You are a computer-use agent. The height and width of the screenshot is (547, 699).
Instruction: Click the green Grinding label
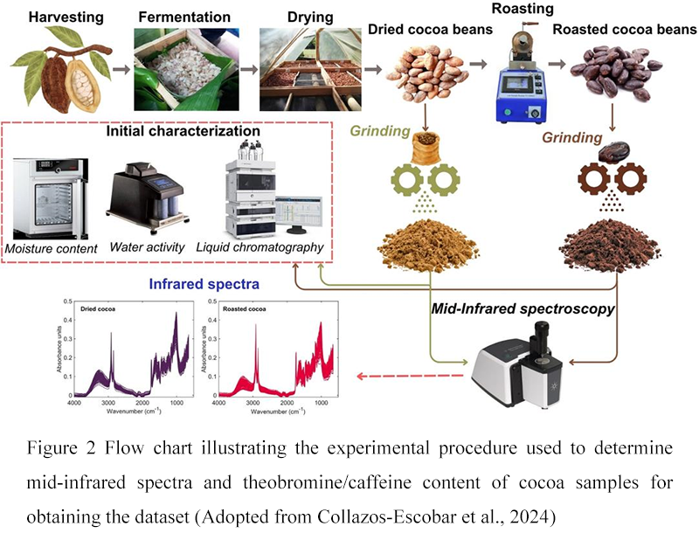pyautogui.click(x=380, y=132)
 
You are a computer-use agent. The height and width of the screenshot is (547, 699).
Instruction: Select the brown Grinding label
pyautogui.click(x=572, y=137)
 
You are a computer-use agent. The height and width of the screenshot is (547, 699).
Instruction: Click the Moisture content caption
pyautogui.click(x=52, y=247)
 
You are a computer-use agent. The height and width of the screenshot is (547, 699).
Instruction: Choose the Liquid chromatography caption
pyautogui.click(x=260, y=247)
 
